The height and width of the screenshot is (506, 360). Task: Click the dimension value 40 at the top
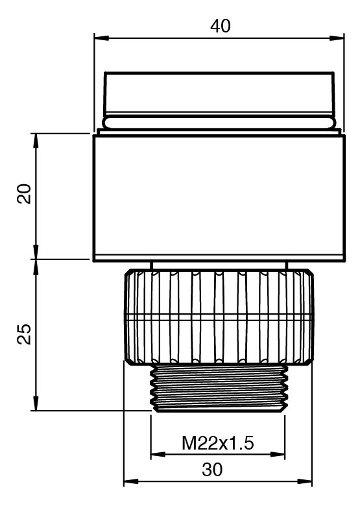tap(221, 26)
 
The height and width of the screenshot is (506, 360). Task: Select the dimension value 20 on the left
tap(24, 193)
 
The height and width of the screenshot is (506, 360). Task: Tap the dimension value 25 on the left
tap(24, 334)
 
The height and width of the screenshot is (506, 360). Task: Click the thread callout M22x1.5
tap(218, 443)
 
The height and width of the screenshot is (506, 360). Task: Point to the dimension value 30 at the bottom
tap(212, 470)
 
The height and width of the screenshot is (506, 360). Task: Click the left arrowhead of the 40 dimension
tap(101, 38)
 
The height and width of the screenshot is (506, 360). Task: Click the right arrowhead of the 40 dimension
tap(337, 38)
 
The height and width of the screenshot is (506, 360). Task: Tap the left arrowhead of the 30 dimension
tap(131, 481)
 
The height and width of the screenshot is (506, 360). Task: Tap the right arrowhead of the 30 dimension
tap(305, 481)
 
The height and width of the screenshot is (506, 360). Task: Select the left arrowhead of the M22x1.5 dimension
tap(158, 454)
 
